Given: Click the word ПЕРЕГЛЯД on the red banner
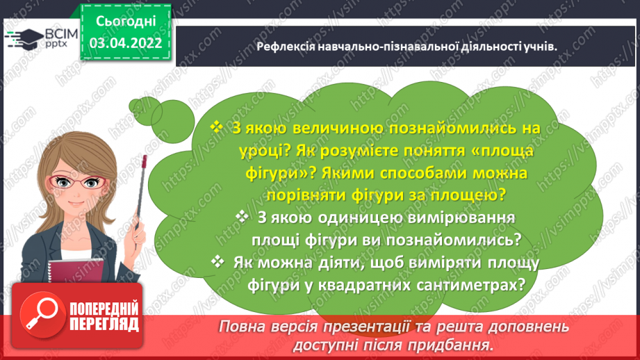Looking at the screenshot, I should (x=104, y=324).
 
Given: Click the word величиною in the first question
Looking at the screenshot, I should (x=322, y=129).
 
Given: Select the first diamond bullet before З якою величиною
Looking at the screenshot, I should (x=216, y=128).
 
